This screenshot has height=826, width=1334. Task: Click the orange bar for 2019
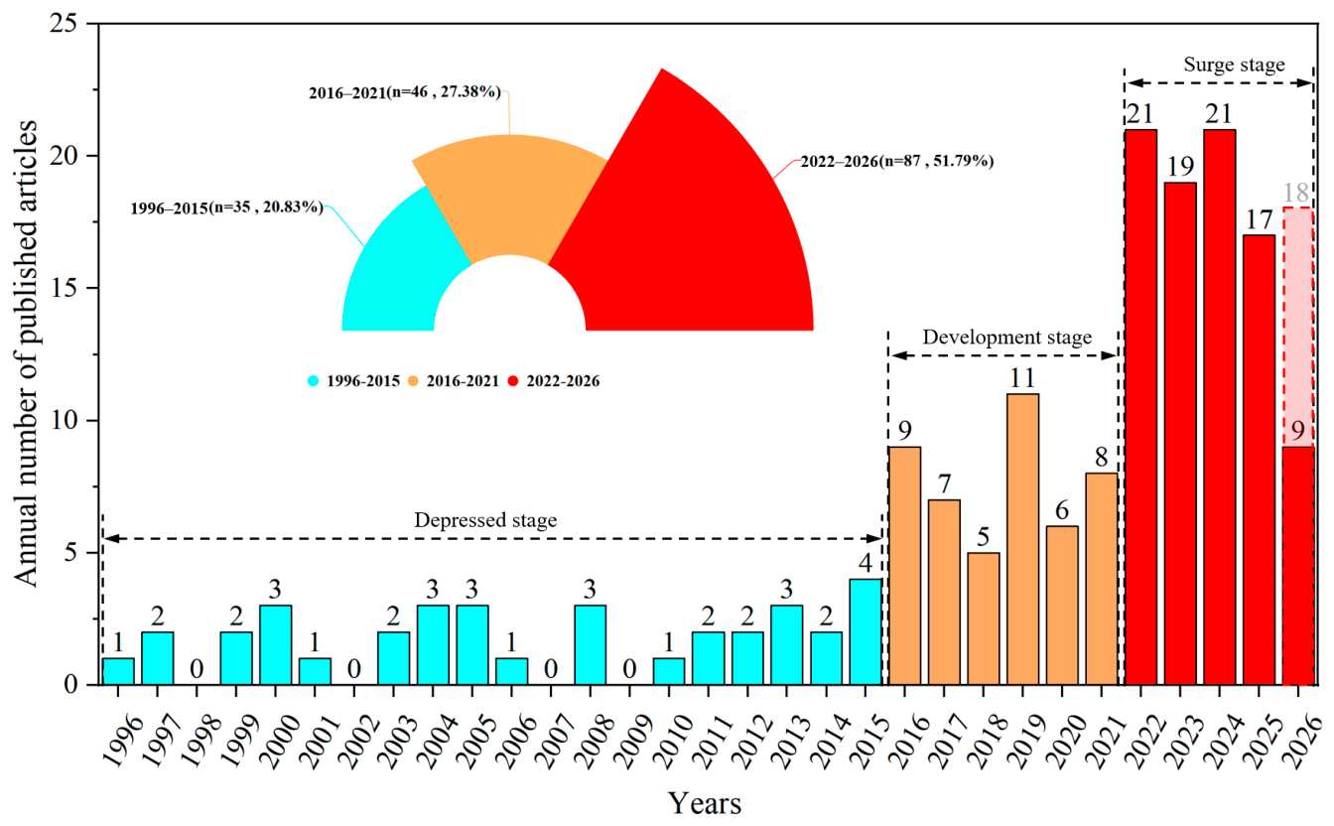pos(1022,539)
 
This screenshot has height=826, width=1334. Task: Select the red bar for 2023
pos(1180,434)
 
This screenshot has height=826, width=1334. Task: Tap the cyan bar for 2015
pos(866,631)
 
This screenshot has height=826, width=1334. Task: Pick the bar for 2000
pos(275,645)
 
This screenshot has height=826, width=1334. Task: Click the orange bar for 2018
pos(984,619)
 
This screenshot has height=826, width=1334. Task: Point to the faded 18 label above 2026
pos(1296,193)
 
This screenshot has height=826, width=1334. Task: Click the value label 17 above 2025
pos(1259,220)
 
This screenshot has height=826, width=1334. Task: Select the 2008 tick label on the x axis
pos(595,741)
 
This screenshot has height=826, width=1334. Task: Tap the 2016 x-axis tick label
pos(909,741)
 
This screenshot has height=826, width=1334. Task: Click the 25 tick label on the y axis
pos(65,24)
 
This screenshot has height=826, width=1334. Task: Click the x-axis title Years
pos(705,803)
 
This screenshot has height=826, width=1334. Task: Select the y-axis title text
pos(26,353)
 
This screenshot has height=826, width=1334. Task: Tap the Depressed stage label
pos(485,520)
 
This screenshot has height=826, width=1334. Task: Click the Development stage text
pos(1007,338)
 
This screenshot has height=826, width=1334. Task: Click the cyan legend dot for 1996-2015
pos(314,381)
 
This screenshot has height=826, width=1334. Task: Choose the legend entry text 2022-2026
pos(563,381)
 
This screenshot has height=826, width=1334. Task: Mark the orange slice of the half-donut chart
pos(510,191)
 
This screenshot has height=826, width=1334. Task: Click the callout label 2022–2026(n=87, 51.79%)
pos(897,162)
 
